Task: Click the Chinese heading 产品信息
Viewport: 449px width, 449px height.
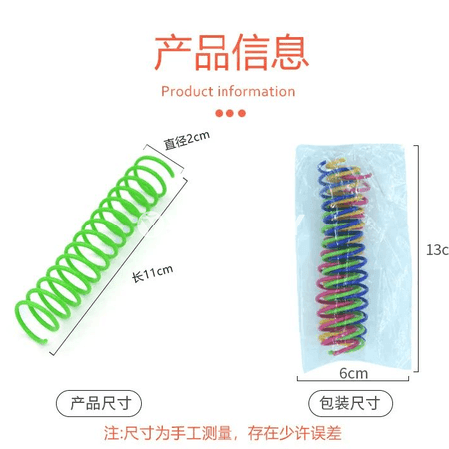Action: (231, 53)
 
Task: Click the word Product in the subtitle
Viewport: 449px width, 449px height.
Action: (187, 92)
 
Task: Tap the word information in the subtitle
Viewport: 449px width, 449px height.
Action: (256, 91)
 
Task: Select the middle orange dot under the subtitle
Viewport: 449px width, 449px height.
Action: (230, 113)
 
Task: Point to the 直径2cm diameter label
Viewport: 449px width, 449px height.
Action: (187, 140)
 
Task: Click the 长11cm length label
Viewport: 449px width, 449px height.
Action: (153, 274)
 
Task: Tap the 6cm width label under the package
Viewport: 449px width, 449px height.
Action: (353, 373)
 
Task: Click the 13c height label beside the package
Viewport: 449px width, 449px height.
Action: (437, 250)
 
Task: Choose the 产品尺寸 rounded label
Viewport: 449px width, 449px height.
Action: (99, 403)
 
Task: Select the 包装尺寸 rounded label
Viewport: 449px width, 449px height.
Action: (350, 403)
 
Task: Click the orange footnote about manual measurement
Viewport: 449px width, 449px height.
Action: (223, 433)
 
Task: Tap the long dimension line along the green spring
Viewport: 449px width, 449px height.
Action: (119, 266)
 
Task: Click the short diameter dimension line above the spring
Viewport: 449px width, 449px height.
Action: (164, 159)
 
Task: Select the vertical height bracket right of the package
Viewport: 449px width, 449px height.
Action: (418, 258)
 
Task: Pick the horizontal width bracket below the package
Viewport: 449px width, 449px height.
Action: (353, 380)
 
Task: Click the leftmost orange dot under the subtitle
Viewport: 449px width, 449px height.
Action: (219, 113)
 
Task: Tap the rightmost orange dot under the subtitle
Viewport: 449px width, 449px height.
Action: (242, 113)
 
